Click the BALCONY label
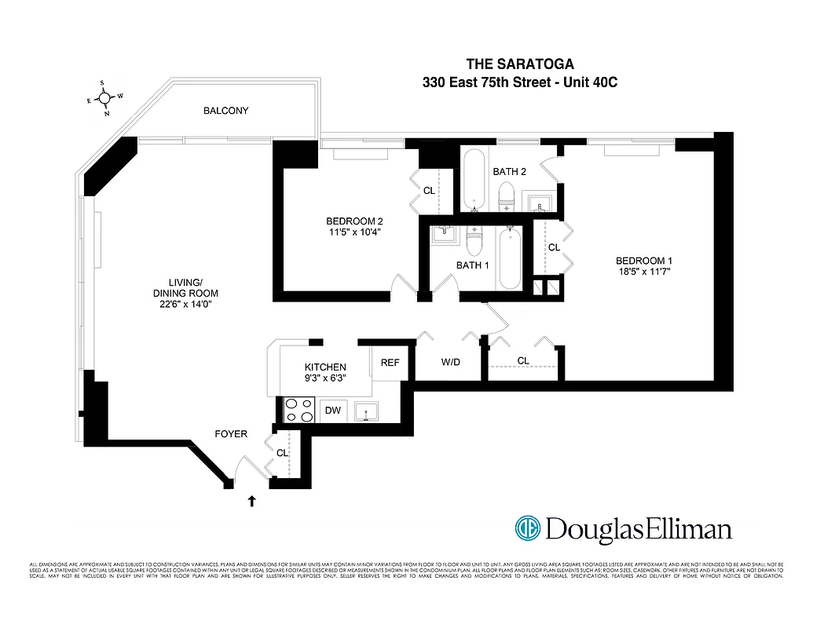(x=225, y=111)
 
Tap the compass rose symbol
(x=105, y=98)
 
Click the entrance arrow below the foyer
(x=252, y=501)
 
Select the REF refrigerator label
(x=390, y=363)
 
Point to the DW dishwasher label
(x=332, y=410)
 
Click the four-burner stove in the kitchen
(x=297, y=410)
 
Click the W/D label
(x=450, y=362)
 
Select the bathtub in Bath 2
(x=474, y=179)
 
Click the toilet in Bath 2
(x=507, y=195)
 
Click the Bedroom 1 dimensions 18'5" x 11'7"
(x=643, y=272)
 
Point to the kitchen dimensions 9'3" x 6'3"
(x=325, y=378)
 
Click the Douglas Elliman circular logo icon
(x=528, y=528)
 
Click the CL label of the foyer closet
(x=282, y=453)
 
